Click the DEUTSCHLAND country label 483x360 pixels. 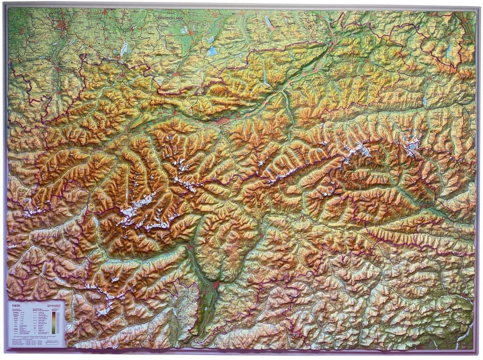(170, 18)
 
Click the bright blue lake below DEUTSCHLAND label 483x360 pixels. (212, 50)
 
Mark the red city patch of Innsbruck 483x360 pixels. (223, 121)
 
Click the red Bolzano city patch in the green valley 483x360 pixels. (216, 285)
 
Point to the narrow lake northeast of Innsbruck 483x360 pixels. (266, 76)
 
